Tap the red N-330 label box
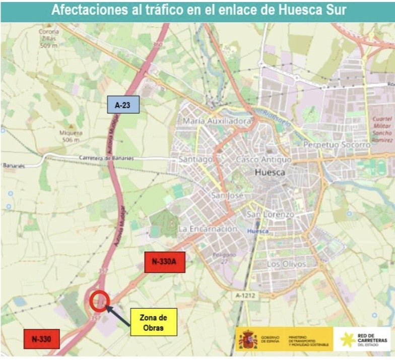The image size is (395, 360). [41, 338]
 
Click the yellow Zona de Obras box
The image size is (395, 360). [153, 322]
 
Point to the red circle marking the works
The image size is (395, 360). [99, 301]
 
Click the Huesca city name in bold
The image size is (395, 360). [270, 172]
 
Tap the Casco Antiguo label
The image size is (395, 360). [264, 159]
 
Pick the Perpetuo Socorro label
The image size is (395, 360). [337, 145]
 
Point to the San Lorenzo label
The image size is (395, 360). [270, 214]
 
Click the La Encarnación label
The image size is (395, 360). [208, 229]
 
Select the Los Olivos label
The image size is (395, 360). [286, 264]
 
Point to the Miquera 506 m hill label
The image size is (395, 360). [71, 136]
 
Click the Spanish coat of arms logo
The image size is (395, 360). [248, 339]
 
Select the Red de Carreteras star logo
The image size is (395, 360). [346, 339]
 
